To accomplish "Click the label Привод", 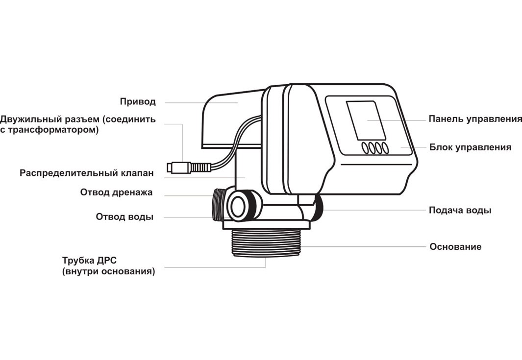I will tap(138, 102).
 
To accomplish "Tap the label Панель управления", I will tap(475, 119).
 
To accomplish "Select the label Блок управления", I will tap(471, 147).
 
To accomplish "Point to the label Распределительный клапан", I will tap(87, 173).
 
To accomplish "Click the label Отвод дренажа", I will tap(117, 192).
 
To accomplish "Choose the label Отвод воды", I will tap(124, 217).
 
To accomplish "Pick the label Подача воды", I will tap(460, 210).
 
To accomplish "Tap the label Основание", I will tap(455, 246).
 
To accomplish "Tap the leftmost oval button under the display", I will tap(366, 148).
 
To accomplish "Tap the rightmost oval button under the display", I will tap(385, 148).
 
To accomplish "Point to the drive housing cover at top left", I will tap(230, 118).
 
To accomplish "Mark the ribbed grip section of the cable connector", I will tap(200, 167).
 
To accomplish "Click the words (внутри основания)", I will tap(109, 271).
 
